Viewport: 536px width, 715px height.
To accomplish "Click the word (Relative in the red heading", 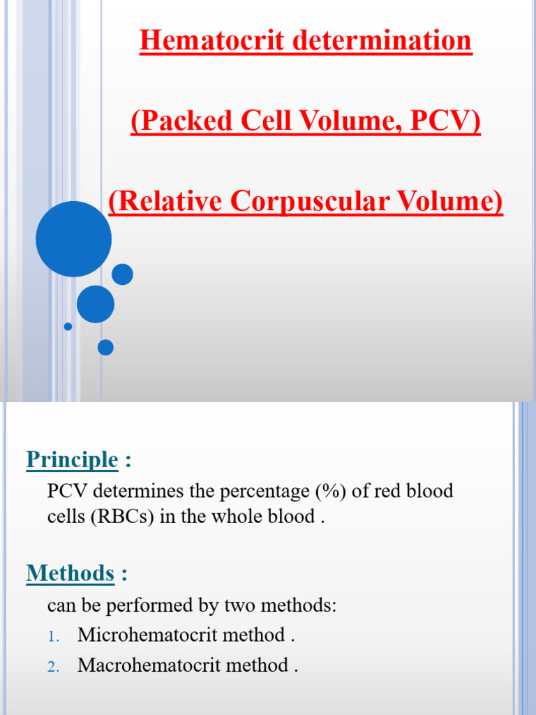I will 165,201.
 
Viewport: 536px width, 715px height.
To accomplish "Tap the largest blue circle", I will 73,239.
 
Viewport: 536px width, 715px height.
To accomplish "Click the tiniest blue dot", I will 68,326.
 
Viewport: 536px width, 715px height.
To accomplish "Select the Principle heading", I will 72,459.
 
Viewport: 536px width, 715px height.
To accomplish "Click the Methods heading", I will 70,573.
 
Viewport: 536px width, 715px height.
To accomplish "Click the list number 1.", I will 55,637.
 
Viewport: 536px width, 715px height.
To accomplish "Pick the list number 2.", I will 55,667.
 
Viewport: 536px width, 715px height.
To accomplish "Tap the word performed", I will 135,605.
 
